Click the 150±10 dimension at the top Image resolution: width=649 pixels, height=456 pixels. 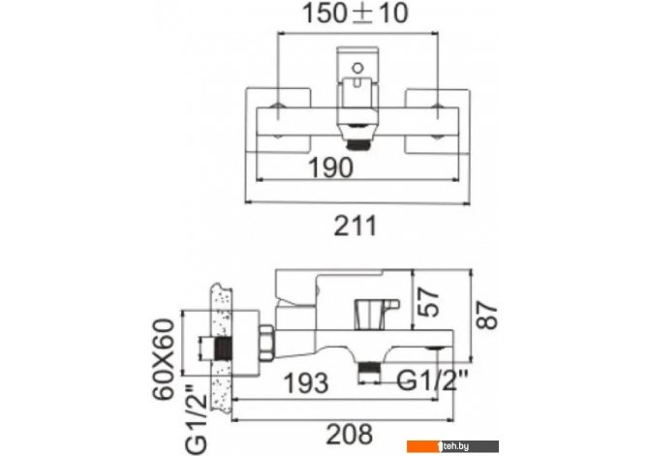355,14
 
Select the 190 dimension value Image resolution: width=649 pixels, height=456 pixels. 331,167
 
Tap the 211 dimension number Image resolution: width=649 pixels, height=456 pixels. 355,226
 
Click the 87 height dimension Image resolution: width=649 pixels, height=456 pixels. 487,316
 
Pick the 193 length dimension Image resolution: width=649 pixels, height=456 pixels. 306,382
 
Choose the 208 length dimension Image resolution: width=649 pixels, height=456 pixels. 350,435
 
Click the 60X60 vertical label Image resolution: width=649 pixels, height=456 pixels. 163,359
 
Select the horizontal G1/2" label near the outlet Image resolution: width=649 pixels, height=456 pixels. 432,380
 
